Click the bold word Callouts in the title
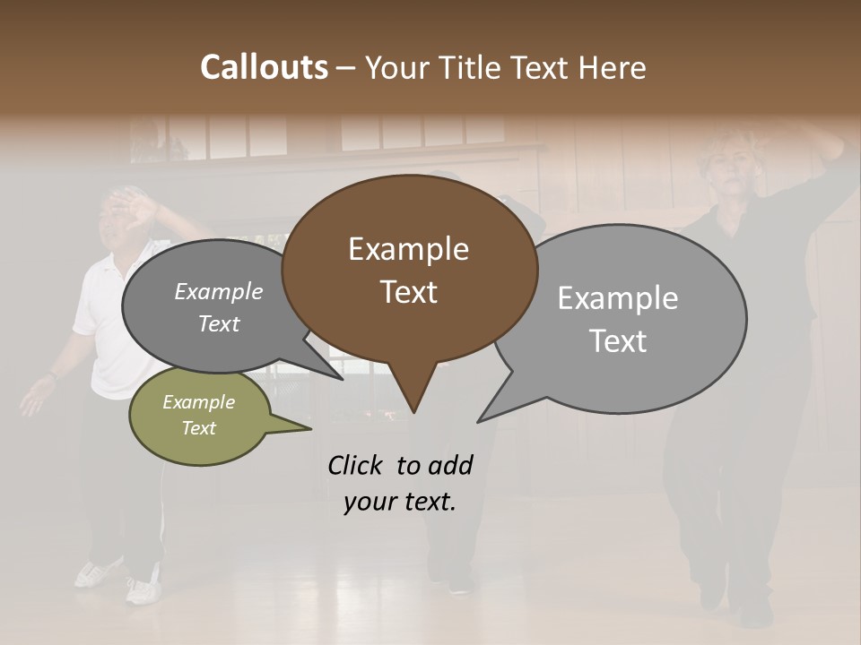point(264,67)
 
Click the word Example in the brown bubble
point(408,249)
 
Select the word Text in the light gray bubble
point(618,341)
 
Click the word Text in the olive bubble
point(199,428)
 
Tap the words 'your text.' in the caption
point(400,502)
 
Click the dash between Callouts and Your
point(346,68)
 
